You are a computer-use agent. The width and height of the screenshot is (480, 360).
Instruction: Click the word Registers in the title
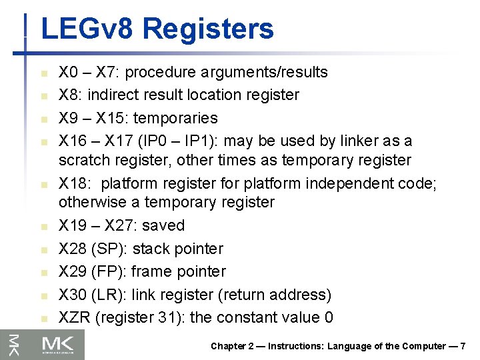207,29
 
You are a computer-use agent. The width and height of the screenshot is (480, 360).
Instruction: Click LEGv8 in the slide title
87,29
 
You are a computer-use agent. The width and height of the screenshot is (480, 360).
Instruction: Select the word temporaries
175,118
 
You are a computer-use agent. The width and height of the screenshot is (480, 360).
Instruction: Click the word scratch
83,160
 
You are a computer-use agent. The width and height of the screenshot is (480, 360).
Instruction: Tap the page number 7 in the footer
463,346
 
